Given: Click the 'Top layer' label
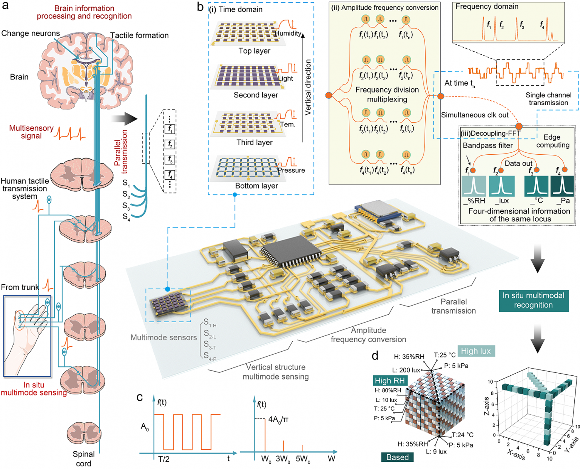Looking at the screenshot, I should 254,51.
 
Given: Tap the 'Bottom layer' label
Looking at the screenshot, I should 256,186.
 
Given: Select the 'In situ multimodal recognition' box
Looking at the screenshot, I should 533,300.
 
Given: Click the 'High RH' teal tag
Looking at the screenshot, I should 390,381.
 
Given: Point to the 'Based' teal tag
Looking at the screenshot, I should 397,457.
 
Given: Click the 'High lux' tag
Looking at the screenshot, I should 475,351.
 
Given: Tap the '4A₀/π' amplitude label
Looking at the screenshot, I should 278,419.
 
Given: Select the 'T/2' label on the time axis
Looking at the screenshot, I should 164,459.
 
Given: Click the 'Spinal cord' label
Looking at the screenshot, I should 83,458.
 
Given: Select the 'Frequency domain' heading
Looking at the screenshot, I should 487,6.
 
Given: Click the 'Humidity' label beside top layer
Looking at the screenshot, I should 288,34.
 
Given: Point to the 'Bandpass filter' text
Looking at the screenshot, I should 487,145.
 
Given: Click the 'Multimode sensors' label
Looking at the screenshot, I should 164,338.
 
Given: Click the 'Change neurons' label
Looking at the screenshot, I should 30,33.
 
